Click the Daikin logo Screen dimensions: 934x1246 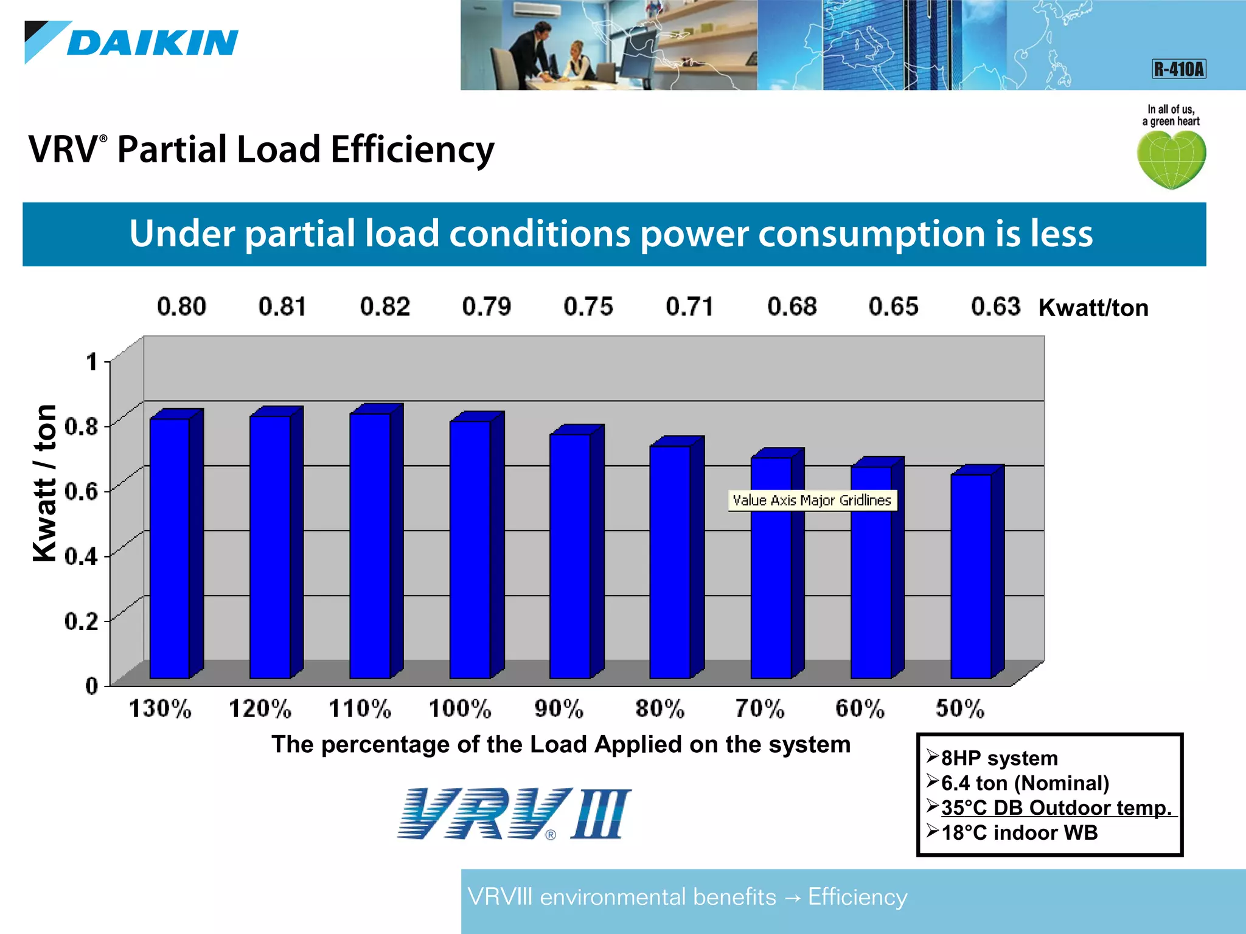tap(131, 43)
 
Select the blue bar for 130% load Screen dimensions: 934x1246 tap(170, 547)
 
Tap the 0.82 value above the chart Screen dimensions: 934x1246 tap(385, 306)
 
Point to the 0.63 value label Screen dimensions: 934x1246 tap(995, 306)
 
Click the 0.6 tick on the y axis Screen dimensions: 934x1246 tap(82, 491)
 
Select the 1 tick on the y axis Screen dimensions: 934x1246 tap(91, 362)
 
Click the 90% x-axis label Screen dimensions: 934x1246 tap(559, 709)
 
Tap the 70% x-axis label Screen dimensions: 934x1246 tap(759, 709)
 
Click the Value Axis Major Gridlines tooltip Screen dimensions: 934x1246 tap(812, 500)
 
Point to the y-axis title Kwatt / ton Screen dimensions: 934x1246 tap(45, 483)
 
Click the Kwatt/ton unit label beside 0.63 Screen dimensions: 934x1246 tap(1093, 308)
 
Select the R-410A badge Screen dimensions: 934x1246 tap(1178, 69)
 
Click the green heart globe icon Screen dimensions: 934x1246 tap(1171, 159)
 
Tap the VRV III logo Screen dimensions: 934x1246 tap(514, 814)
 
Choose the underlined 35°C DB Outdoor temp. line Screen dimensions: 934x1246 tap(1056, 808)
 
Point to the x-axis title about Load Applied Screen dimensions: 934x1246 tap(560, 744)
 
